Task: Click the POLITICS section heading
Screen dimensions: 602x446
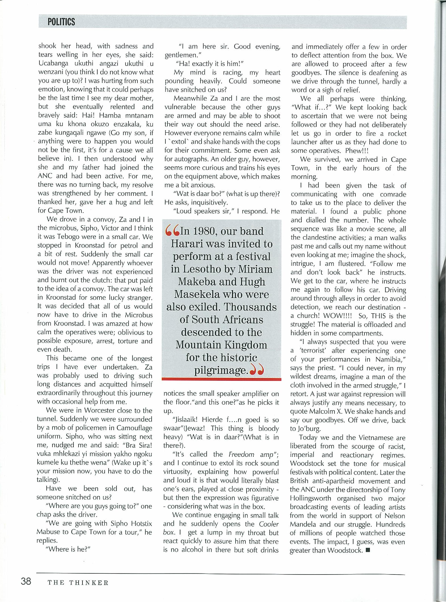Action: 61,22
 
